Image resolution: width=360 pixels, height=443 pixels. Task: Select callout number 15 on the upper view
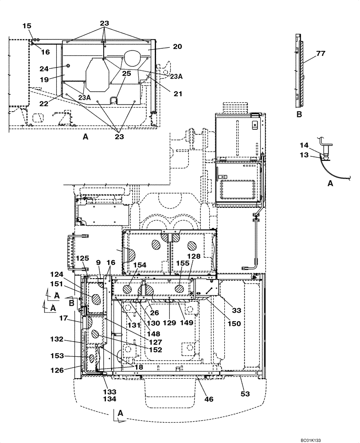pos(27,26)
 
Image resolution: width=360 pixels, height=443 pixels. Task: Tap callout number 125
pos(82,258)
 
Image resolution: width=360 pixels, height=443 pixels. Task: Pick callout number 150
pos(234,324)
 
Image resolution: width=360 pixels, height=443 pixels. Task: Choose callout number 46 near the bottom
pos(208,399)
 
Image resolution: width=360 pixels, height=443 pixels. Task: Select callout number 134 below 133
pos(110,399)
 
